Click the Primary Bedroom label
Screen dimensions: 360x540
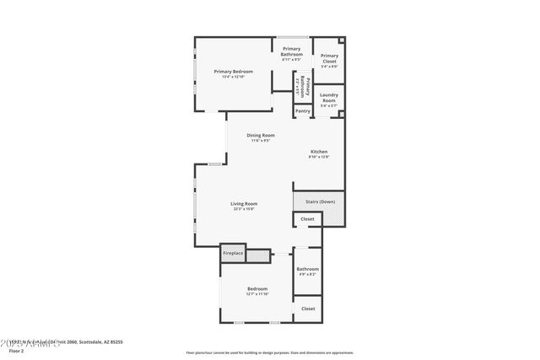point(234,72)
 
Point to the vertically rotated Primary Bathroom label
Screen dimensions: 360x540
point(303,87)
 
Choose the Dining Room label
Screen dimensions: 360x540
point(260,135)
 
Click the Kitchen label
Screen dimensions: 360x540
point(319,152)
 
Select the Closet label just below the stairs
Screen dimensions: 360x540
point(307,219)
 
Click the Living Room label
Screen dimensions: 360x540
point(244,203)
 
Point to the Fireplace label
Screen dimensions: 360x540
point(233,253)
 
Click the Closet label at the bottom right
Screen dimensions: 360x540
point(308,309)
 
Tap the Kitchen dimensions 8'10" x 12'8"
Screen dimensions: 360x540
point(319,157)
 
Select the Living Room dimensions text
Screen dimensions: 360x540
point(244,208)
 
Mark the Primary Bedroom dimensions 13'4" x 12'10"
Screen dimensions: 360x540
point(234,77)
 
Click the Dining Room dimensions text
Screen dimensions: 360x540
point(260,140)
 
